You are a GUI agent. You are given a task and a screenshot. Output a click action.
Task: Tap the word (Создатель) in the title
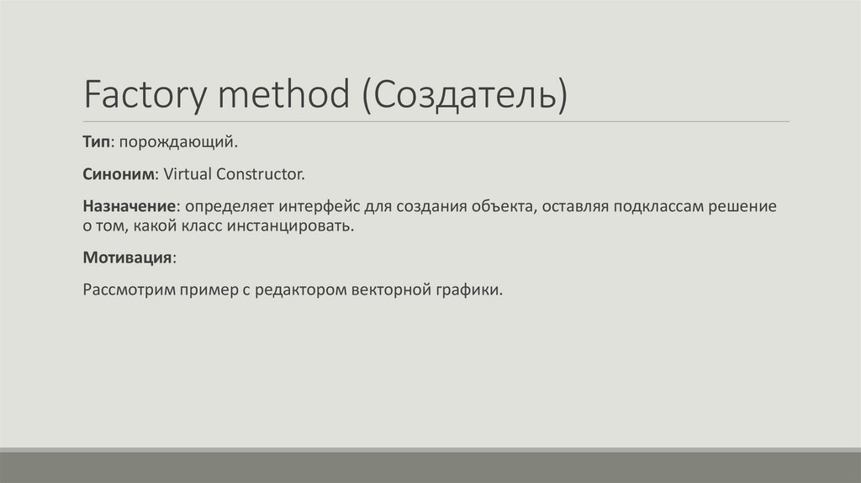(465, 94)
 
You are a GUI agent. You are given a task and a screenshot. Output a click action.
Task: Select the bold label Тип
(96, 143)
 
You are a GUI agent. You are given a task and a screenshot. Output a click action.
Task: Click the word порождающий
(178, 143)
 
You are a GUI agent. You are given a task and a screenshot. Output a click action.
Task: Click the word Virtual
(188, 175)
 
